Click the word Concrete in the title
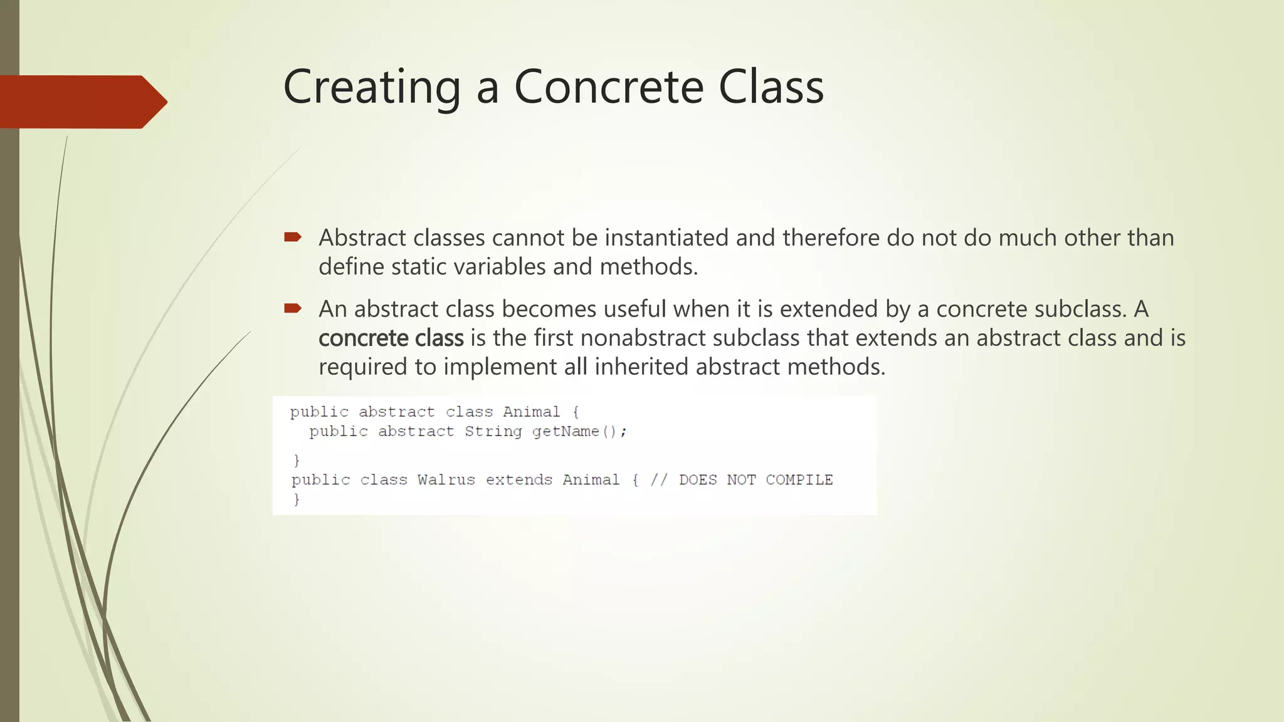click(609, 86)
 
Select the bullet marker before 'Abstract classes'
click(292, 237)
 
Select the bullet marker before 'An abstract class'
click(292, 308)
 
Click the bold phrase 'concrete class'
click(391, 338)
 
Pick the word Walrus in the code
click(446, 480)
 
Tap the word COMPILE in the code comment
click(799, 480)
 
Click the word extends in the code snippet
click(518, 480)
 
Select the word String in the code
click(493, 432)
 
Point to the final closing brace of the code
click(297, 500)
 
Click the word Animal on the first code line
click(531, 412)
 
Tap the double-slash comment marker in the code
click(658, 480)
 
